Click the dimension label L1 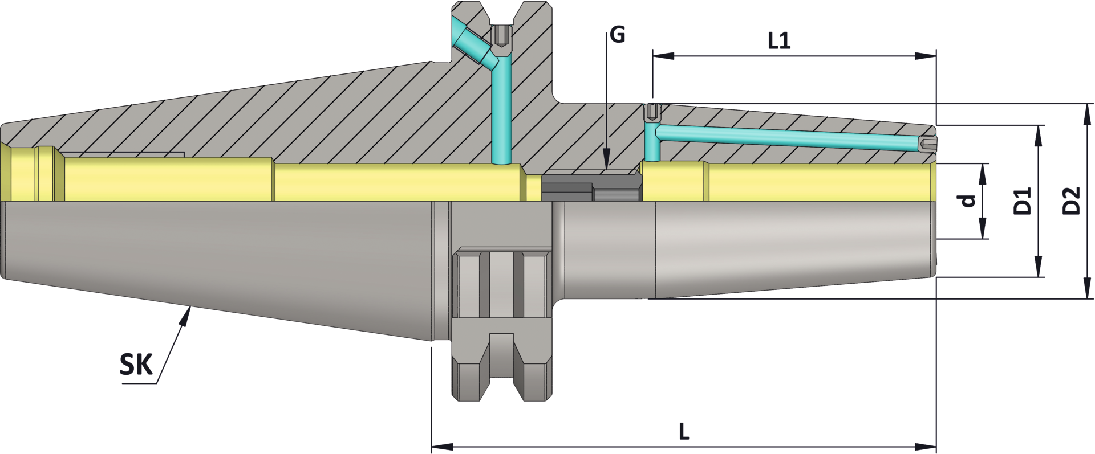(779, 40)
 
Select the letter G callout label (617, 35)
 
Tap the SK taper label (136, 365)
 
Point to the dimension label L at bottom (684, 431)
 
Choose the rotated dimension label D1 (1023, 201)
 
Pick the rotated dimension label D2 (1072, 201)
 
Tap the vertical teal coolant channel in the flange (501, 114)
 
